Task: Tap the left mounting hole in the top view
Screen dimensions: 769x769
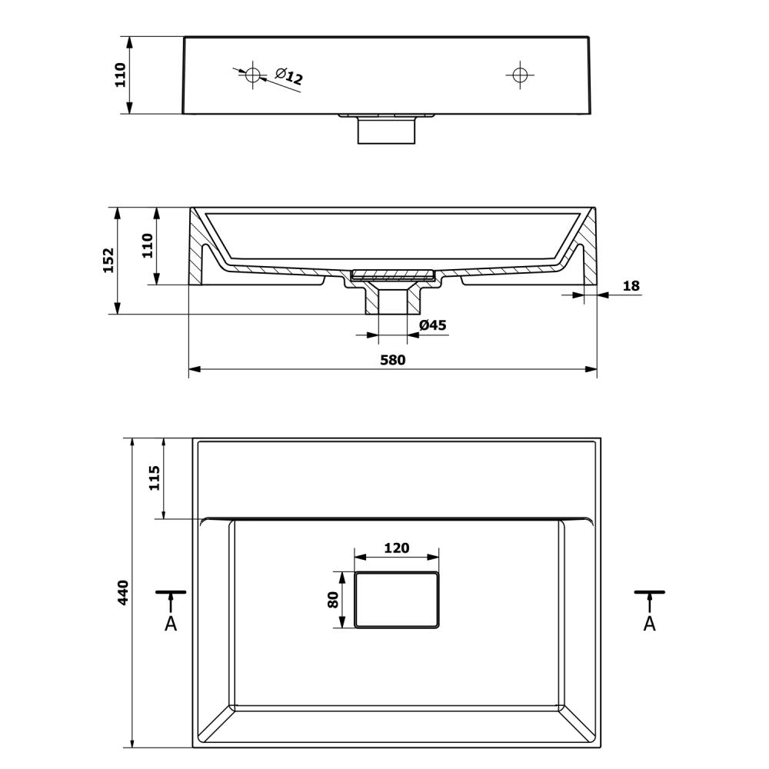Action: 253,75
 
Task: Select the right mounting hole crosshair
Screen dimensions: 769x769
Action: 520,75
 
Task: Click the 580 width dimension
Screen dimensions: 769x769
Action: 393,361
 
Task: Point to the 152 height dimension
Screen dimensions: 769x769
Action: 108,261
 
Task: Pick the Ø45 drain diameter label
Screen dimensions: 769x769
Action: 432,325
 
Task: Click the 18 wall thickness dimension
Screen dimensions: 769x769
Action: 631,286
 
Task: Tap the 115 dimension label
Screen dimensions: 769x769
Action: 155,478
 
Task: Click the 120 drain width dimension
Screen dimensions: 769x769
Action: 396,548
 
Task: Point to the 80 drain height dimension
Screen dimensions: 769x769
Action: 333,600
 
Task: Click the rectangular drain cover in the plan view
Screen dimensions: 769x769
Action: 396,600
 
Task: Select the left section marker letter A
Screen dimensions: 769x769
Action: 171,624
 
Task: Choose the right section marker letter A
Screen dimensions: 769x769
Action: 649,624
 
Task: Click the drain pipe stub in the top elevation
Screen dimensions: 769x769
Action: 387,131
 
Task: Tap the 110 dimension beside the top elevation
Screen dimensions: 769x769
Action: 121,75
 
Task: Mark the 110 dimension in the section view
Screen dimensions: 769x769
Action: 148,246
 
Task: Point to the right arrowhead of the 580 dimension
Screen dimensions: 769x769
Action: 591,369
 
